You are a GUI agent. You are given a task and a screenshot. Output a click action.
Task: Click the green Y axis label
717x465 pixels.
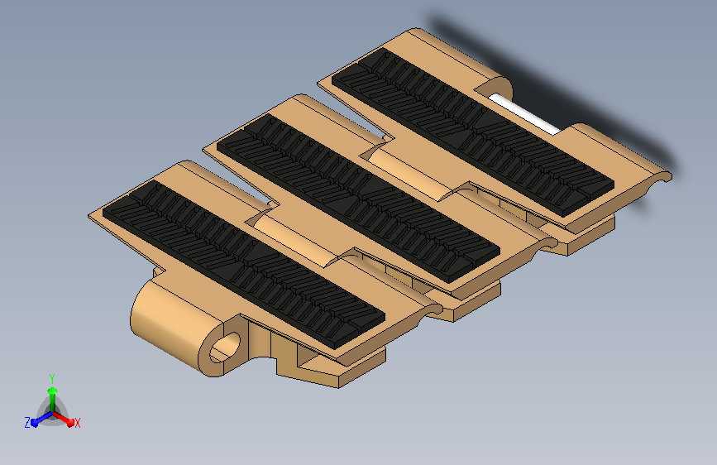pos(52,379)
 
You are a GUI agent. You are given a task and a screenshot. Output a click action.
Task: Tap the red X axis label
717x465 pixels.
pos(77,424)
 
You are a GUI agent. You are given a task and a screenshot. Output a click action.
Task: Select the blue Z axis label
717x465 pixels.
pos(27,423)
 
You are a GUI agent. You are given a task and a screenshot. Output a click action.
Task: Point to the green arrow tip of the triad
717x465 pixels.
pos(53,391)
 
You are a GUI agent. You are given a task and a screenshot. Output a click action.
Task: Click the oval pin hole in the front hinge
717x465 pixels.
pos(224,348)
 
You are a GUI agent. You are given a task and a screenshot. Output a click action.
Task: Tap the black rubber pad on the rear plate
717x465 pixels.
pos(473,132)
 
